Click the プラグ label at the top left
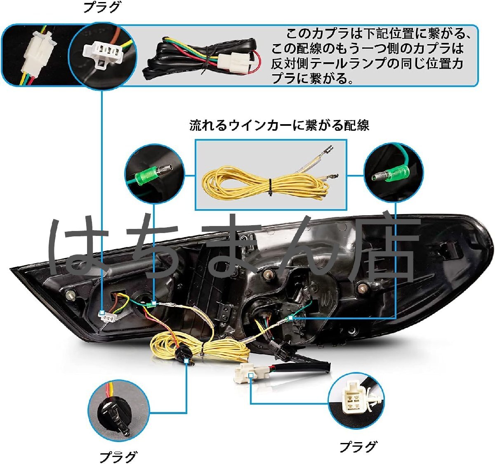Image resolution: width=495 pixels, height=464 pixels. tap(102, 7)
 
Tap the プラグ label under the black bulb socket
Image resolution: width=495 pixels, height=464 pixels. tap(118, 456)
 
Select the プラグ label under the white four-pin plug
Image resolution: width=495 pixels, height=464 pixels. tap(358, 446)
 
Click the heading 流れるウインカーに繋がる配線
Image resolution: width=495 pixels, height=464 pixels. tap(279, 125)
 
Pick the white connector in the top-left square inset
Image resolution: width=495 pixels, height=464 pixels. tap(35, 54)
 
